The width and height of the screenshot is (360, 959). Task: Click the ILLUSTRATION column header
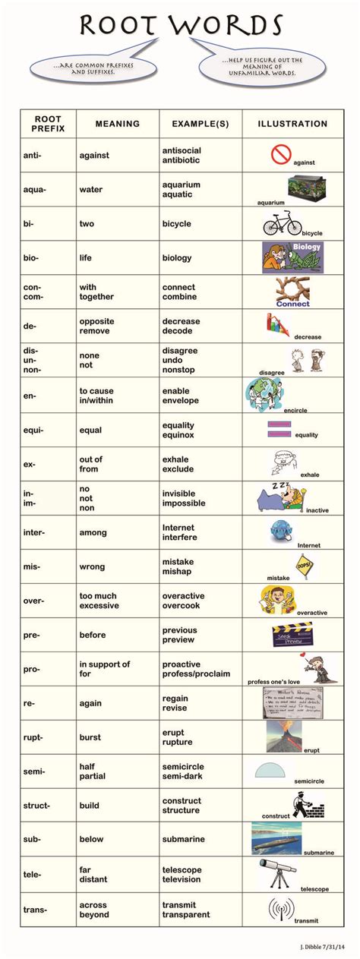coord(292,124)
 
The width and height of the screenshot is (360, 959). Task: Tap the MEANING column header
coord(118,124)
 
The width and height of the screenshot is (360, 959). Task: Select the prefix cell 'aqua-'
coord(34,190)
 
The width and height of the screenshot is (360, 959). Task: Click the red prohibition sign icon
coord(280,154)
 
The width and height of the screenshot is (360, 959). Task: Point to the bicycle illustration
coord(282,224)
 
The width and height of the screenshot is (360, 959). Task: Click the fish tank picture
coord(306,187)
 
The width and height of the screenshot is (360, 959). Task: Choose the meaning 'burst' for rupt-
coord(93,737)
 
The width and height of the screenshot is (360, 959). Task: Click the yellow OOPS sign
coord(305,565)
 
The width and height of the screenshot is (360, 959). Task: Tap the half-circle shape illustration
coord(271,769)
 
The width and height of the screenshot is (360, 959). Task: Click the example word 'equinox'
coord(178,435)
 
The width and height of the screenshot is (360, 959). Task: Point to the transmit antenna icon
coord(281,907)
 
